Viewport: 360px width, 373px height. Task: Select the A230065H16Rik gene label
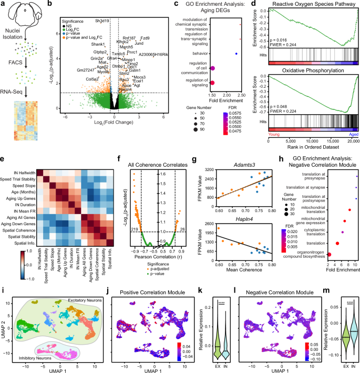pos(153,54)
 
